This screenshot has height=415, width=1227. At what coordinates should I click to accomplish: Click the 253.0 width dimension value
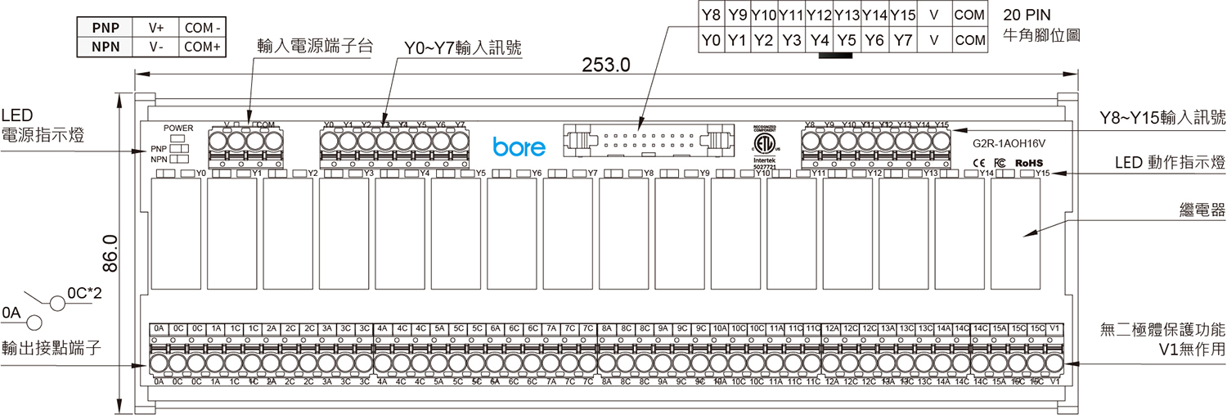(605, 65)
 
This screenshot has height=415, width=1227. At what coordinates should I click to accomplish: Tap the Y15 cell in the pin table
(902, 15)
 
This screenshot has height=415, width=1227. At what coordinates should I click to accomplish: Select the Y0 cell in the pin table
(711, 39)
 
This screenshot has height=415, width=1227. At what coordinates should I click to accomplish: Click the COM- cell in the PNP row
(203, 27)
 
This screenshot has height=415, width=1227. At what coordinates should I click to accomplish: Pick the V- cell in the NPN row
(156, 47)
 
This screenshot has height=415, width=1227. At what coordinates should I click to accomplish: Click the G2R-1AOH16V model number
(1009, 143)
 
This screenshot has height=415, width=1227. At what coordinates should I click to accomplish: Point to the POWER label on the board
(178, 129)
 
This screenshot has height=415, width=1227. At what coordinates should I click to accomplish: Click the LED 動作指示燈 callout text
(1170, 165)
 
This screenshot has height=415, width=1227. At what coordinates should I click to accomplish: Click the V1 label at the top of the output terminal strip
(1055, 328)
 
